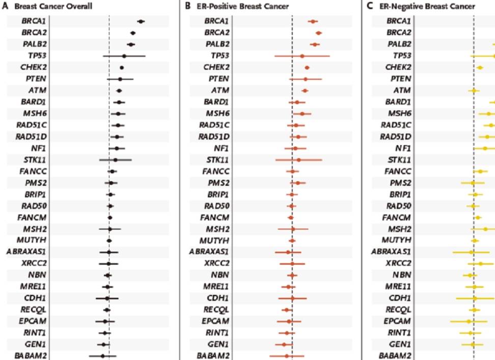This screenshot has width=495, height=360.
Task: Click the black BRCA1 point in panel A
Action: (141, 21)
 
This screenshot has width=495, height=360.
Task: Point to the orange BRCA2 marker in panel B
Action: (318, 33)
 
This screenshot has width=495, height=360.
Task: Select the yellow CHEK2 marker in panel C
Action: (479, 68)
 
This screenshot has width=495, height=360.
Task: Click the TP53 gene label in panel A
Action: (32, 56)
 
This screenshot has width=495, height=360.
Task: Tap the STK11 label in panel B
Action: (216, 160)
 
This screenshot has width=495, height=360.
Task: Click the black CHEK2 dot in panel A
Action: (122, 68)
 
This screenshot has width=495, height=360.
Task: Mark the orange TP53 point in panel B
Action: (302, 56)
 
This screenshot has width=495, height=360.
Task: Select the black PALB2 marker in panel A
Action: (131, 45)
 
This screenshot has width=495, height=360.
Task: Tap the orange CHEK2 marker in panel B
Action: (307, 68)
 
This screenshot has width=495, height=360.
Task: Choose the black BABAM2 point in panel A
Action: (102, 356)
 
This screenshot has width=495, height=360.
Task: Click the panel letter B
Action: (187, 7)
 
